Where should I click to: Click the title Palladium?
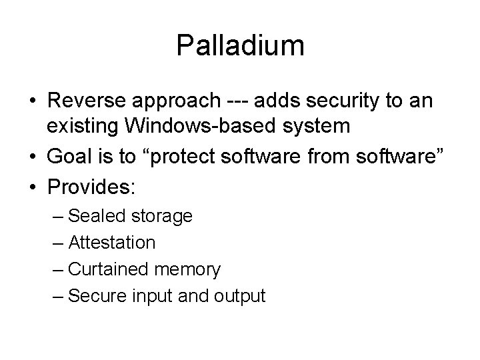240,46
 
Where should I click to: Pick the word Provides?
91,187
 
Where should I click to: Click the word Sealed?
95,216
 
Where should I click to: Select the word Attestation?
112,243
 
